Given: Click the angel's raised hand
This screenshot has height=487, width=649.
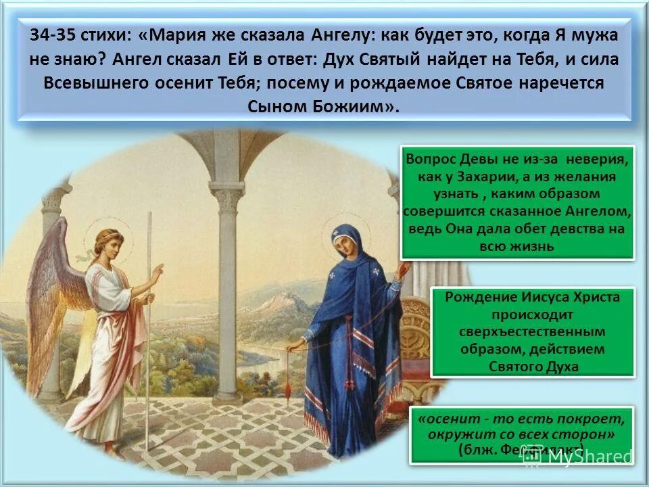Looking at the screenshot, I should (x=157, y=273).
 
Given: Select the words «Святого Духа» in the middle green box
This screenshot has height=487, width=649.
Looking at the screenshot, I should (x=533, y=367).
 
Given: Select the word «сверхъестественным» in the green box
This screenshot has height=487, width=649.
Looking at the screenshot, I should (x=533, y=332).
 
